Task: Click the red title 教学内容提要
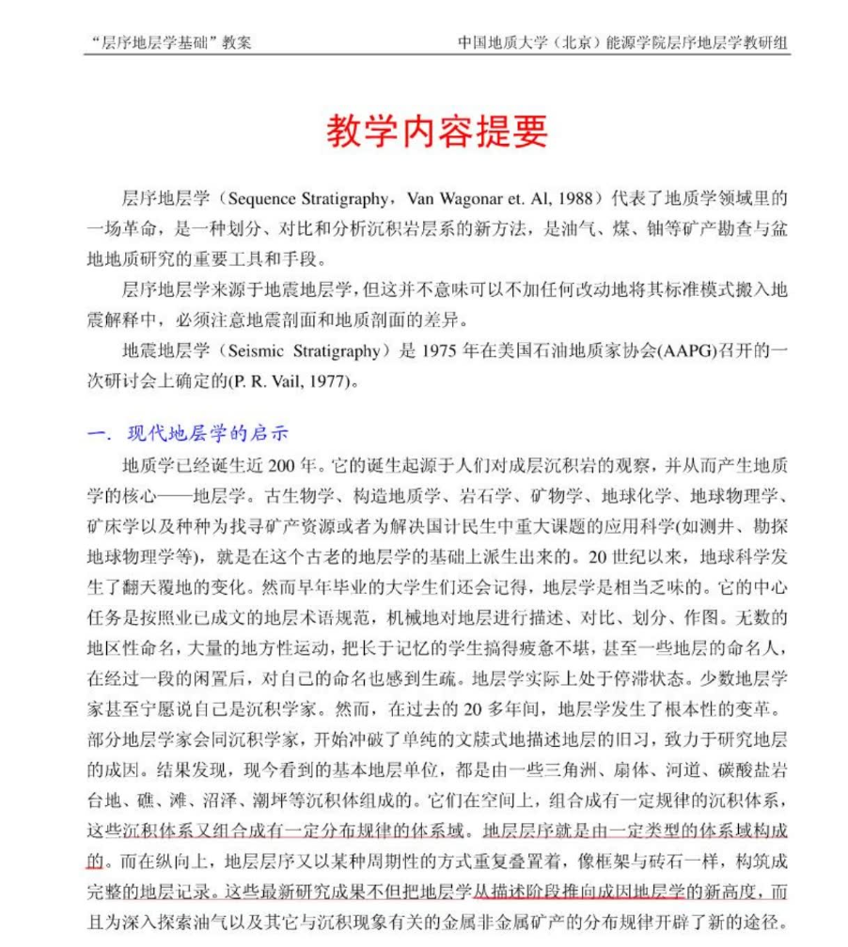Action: point(436,132)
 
